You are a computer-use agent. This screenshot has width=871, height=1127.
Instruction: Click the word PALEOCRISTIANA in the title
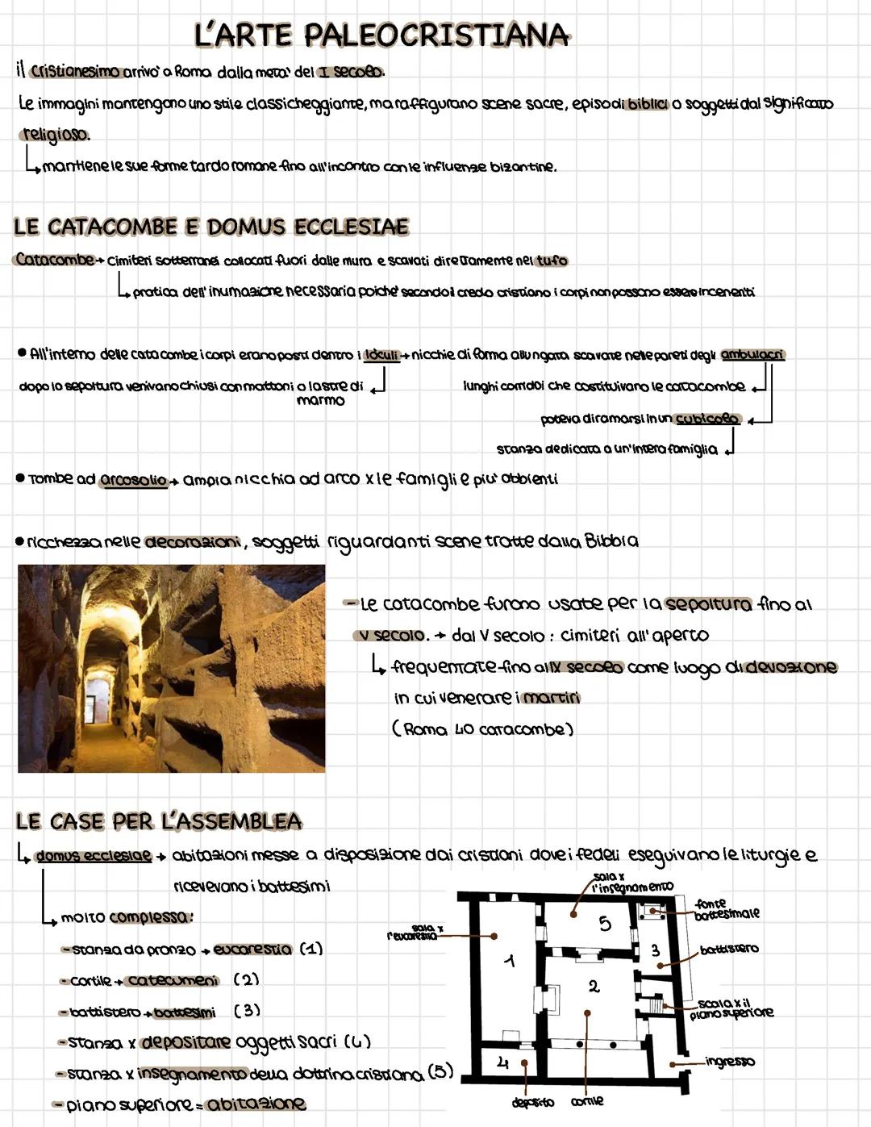[x=437, y=35]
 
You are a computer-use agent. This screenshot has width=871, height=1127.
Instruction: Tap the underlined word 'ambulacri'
[x=752, y=355]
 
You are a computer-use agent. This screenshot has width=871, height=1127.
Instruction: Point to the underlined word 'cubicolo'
[x=706, y=419]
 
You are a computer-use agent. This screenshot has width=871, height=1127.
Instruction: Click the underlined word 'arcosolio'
[x=133, y=480]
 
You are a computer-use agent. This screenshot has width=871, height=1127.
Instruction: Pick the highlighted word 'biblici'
[x=646, y=105]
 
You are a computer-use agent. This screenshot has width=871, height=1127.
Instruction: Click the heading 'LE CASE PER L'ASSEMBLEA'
[x=159, y=822]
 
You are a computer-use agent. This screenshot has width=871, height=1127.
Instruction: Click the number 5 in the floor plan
[x=605, y=924]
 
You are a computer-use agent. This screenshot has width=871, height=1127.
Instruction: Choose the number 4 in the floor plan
[x=502, y=1063]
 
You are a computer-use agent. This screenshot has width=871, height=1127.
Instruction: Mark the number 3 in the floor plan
[x=655, y=951]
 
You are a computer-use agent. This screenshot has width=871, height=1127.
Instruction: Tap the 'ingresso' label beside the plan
[x=730, y=1062]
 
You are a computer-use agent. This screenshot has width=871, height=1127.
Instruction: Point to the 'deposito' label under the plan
[x=532, y=1102]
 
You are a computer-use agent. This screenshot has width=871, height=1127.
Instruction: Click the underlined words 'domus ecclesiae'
[x=94, y=855]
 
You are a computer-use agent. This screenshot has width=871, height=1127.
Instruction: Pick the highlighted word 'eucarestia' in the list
[x=252, y=950]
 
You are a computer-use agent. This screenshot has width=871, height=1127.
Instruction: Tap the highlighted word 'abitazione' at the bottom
[x=256, y=1104]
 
